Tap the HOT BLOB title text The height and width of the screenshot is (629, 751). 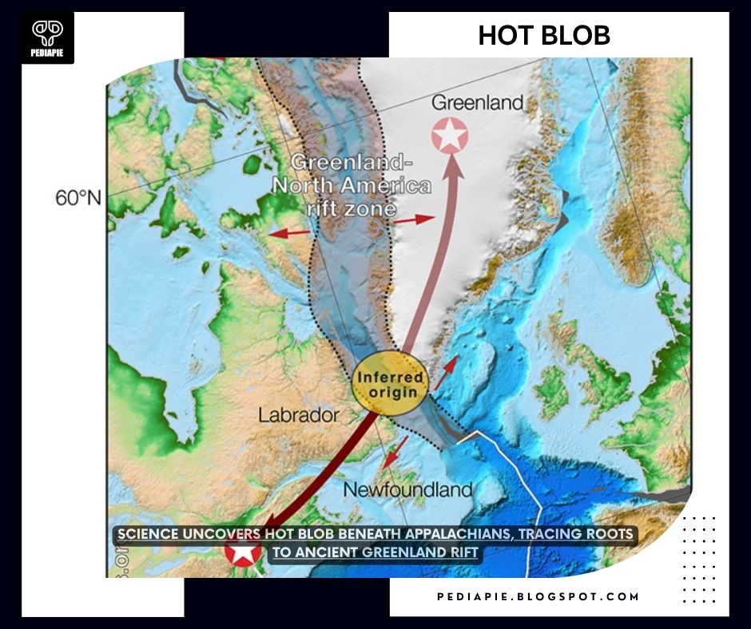[544, 35]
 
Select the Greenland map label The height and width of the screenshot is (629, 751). [478, 102]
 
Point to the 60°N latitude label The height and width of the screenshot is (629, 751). [78, 198]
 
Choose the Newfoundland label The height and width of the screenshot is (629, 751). [407, 489]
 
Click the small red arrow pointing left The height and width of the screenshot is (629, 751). [288, 232]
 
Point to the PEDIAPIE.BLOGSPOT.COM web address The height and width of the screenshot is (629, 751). [538, 596]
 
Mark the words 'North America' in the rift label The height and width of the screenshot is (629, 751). [352, 187]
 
